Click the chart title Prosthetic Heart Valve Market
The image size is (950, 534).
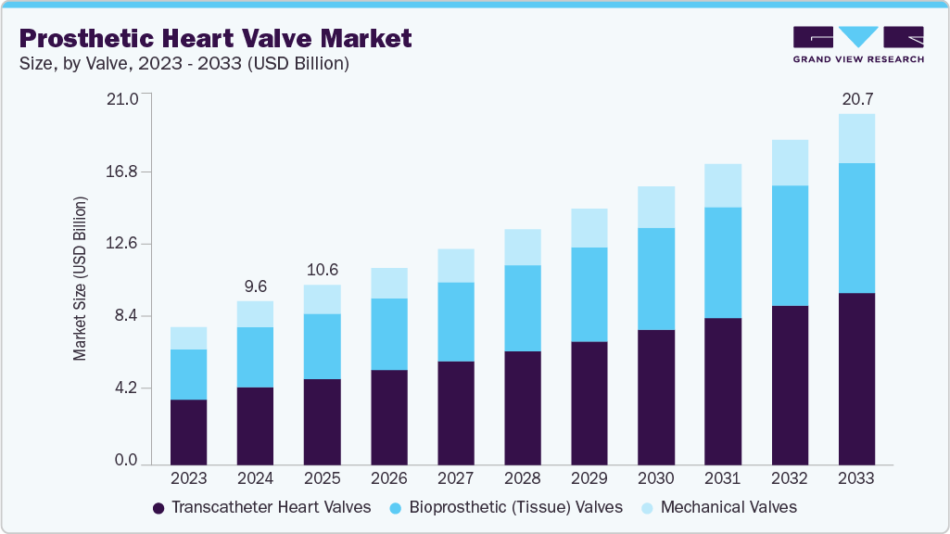tap(215, 39)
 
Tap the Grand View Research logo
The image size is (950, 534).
tap(857, 44)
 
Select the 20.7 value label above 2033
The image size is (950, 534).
tap(856, 98)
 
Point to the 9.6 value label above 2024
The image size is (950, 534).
tap(256, 286)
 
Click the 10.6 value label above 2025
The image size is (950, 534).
tap(323, 270)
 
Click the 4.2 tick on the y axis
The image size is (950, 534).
tap(125, 388)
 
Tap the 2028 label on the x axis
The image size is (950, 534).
tap(523, 478)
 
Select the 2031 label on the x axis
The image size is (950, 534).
tap(723, 478)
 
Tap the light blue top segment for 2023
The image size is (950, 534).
tap(189, 337)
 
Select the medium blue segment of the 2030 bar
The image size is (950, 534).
tap(656, 278)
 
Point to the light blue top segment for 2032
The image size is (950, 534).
tap(790, 162)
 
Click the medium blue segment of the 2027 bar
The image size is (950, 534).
tap(456, 321)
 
